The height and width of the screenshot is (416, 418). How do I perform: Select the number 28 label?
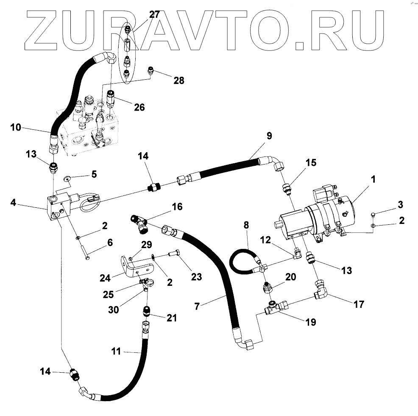pos(179,80)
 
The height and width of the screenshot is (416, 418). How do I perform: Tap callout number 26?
pos(139,107)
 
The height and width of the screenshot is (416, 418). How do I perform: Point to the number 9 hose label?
pos(269,136)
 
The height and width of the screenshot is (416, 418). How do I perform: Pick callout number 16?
pos(178,207)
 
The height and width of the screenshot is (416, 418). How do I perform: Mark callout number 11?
pos(116,352)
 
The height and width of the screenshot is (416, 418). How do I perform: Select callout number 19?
pos(310,322)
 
